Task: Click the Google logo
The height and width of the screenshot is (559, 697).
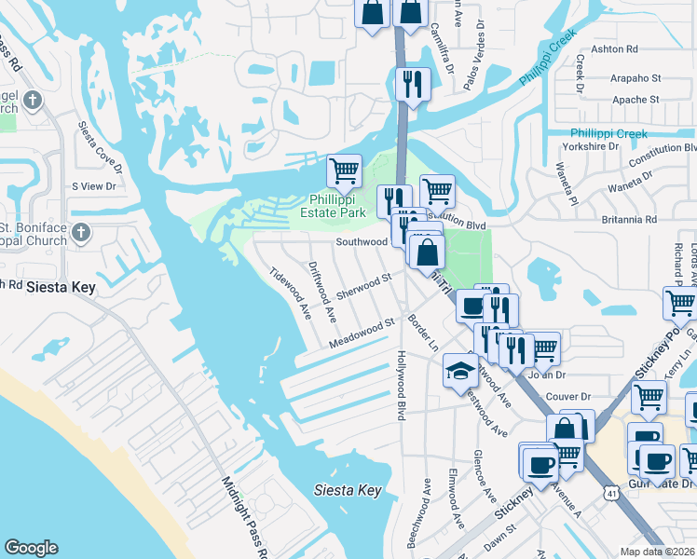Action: click(x=31, y=549)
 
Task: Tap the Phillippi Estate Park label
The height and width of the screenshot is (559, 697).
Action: click(x=337, y=206)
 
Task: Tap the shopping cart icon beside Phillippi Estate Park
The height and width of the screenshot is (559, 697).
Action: click(x=345, y=170)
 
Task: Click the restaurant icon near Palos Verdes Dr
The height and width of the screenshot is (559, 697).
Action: click(x=410, y=84)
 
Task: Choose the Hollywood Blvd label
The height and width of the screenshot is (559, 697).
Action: click(x=402, y=385)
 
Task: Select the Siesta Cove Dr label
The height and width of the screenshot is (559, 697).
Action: click(x=101, y=147)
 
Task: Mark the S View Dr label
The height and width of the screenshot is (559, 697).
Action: click(x=93, y=186)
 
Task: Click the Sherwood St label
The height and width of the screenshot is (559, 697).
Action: click(x=364, y=286)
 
